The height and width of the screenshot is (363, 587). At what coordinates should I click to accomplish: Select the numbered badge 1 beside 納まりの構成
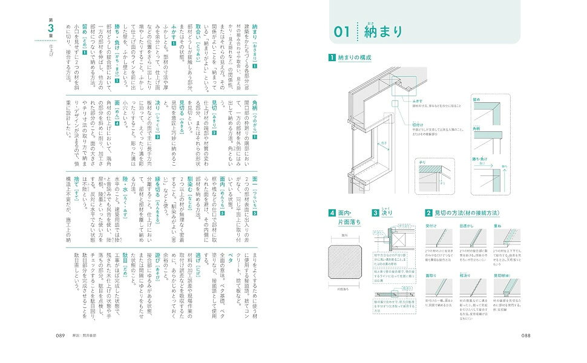pyautogui.click(x=331, y=58)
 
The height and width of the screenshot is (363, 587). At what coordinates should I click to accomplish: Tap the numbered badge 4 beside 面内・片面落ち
pyautogui.click(x=331, y=213)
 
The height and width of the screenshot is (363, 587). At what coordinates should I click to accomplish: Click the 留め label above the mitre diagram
pyautogui.click(x=476, y=97)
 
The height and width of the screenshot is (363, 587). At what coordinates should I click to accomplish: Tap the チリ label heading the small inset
pyautogui.click(x=421, y=162)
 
